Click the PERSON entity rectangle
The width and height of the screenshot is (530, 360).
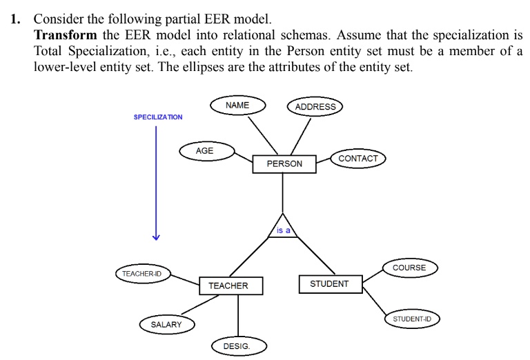click(284, 163)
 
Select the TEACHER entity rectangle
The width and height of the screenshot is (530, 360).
click(228, 285)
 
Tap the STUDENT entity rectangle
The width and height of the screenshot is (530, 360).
click(330, 283)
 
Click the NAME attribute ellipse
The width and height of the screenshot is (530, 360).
click(237, 106)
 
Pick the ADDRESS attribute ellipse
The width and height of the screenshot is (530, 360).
click(315, 107)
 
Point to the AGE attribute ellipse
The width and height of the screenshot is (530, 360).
click(205, 151)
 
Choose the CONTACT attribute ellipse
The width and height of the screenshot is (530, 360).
click(358, 159)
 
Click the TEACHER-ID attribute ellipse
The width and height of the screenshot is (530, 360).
click(142, 274)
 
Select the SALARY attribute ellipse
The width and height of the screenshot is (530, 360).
click(166, 324)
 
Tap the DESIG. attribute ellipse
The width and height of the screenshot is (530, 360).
click(238, 346)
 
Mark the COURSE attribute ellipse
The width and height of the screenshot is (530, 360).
click(409, 268)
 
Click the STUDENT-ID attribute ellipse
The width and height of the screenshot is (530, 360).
click(412, 319)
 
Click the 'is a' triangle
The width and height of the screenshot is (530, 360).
click(283, 229)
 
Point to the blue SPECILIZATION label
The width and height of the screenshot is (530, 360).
click(158, 117)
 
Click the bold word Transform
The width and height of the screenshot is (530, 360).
click(65, 34)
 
